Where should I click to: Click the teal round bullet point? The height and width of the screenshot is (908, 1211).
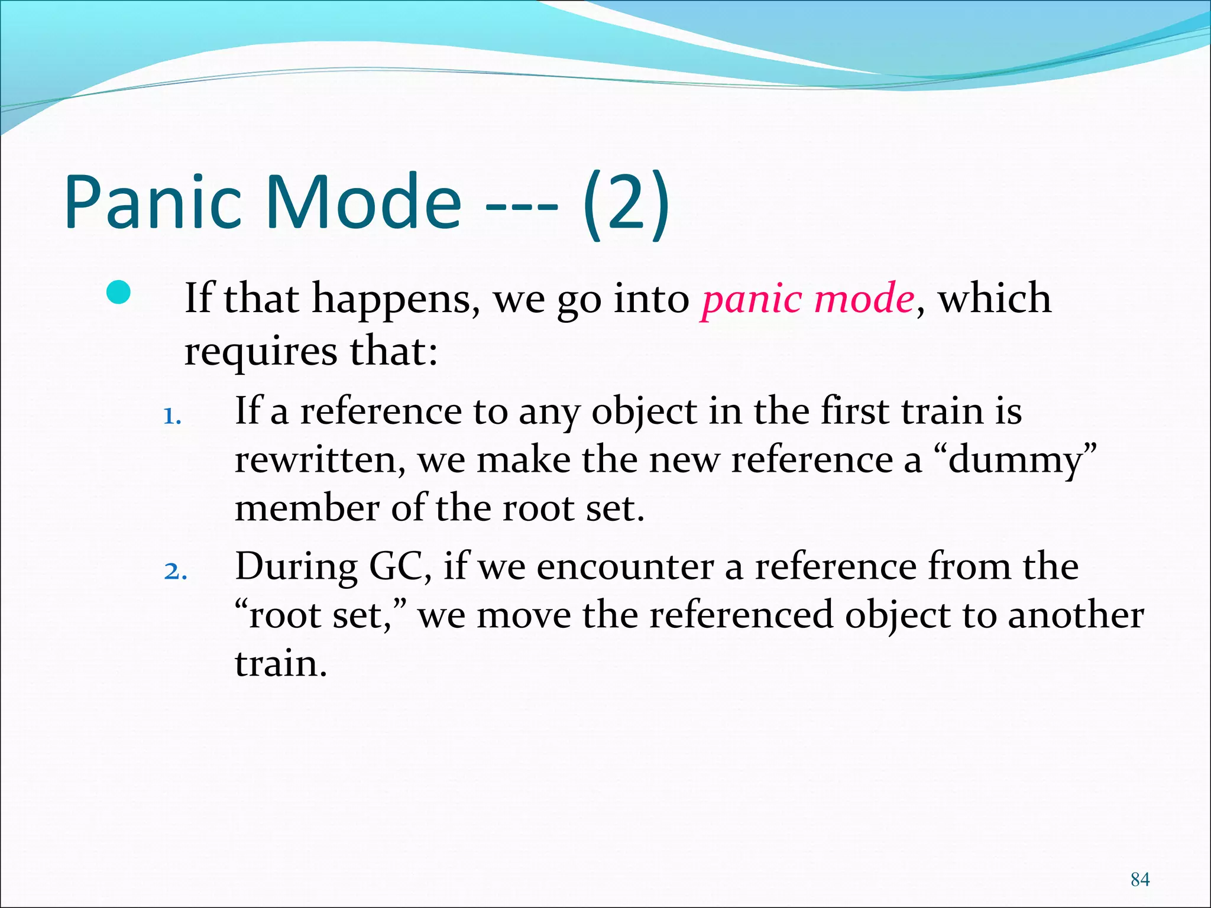click(119, 293)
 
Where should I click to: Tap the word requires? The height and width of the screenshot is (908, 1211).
click(261, 352)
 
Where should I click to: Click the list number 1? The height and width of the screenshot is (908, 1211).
click(171, 417)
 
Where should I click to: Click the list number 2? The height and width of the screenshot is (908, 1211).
click(175, 572)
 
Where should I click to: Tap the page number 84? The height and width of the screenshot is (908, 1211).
click(1139, 879)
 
